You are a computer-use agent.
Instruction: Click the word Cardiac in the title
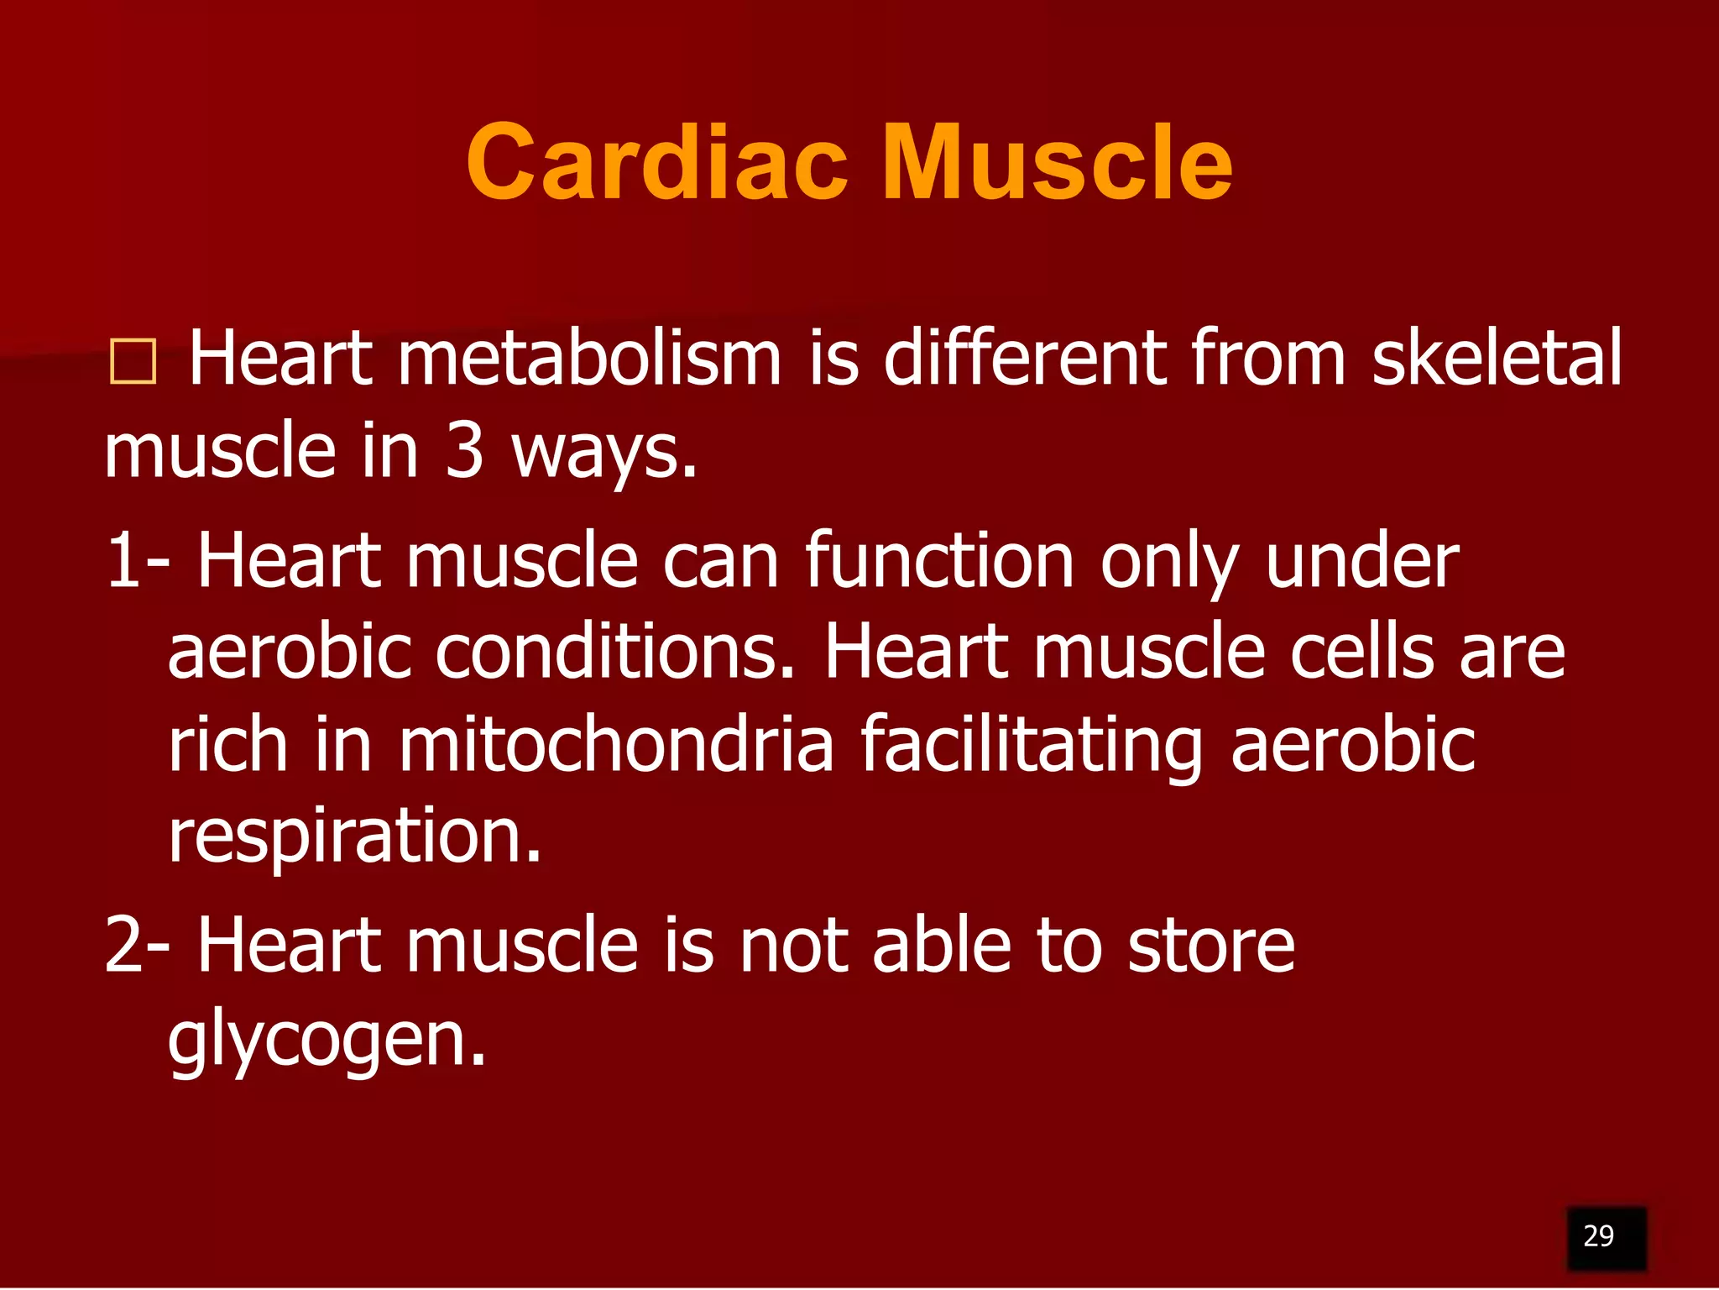657,162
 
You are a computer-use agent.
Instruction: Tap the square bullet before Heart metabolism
133,362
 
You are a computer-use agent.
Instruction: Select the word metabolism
589,359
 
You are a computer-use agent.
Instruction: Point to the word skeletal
1497,359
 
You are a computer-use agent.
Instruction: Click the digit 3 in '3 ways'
464,451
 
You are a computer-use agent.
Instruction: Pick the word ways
604,454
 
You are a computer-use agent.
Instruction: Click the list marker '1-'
137,561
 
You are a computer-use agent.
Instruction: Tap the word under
1361,561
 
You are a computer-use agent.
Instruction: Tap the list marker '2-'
137,945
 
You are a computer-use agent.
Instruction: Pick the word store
1211,945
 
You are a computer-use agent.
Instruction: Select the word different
1025,359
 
